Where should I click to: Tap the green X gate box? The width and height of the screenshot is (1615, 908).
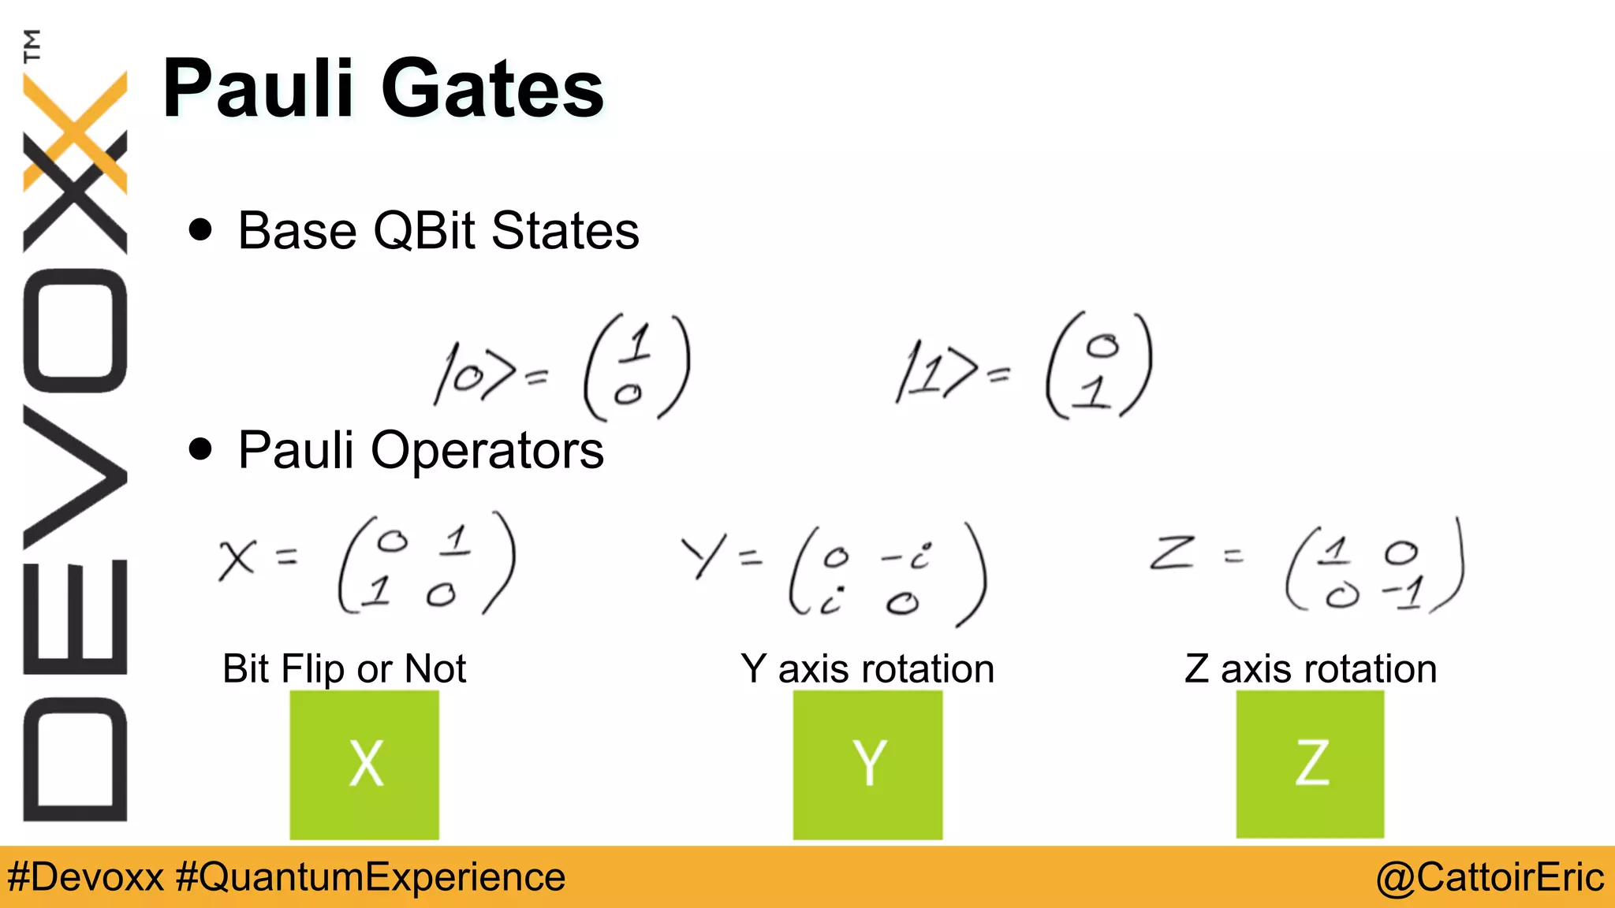[364, 764]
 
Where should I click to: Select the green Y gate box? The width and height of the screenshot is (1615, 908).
[867, 764]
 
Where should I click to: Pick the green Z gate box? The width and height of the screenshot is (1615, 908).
[1310, 764]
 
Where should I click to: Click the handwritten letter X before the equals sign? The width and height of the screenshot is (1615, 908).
[237, 559]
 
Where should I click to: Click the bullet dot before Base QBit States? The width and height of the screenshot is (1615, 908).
[201, 229]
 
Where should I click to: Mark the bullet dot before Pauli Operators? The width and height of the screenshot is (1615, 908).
[201, 448]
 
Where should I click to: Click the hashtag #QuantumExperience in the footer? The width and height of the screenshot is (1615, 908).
[371, 877]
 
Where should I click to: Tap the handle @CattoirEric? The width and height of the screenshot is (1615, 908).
[1490, 877]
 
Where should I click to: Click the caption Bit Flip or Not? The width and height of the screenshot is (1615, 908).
[344, 668]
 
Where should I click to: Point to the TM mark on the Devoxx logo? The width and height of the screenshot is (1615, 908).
[32, 46]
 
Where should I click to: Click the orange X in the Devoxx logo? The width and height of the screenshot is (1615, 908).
[76, 130]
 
